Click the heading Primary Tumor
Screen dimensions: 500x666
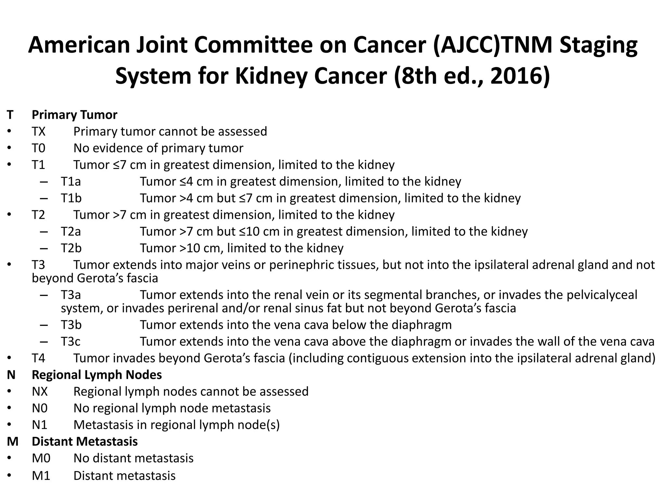pos(74,115)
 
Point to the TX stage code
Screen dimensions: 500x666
pos(39,132)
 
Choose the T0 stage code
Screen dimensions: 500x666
pos(39,148)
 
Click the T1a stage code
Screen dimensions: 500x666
pos(71,182)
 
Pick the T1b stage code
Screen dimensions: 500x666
pos(71,198)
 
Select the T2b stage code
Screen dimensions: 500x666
pos(71,248)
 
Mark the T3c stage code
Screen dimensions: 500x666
pos(71,342)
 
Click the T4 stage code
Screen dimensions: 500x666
pos(38,358)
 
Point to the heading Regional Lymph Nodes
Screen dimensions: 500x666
pos(97,375)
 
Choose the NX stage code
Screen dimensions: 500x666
pos(40,392)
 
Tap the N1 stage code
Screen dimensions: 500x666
pos(39,425)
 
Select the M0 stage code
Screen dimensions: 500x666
pos(41,458)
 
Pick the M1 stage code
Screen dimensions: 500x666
pos(41,476)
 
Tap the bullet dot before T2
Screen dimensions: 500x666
pos(9,215)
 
